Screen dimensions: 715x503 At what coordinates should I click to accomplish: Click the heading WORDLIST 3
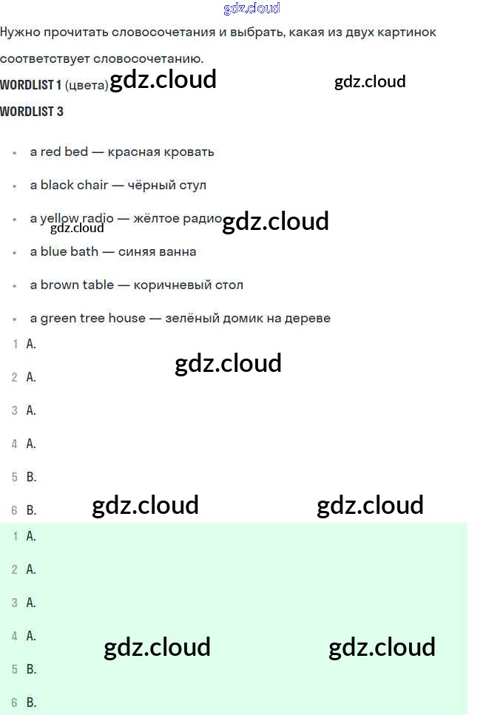coord(32,112)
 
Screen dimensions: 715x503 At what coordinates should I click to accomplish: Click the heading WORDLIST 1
coord(31,84)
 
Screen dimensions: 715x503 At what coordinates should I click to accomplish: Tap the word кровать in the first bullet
coord(189,152)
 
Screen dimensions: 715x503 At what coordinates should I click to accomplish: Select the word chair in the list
coord(92,185)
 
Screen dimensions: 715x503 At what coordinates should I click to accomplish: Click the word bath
coord(84,251)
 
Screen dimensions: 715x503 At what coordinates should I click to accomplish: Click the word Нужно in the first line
coord(20,32)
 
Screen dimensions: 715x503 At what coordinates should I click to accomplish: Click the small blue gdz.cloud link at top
coord(251,9)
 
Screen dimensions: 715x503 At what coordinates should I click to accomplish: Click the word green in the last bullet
coord(58,318)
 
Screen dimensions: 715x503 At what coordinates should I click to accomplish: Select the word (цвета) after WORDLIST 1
coord(87,85)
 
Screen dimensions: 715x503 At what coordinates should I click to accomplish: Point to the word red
coord(51,152)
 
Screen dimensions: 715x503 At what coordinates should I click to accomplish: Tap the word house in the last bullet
coord(127,318)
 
